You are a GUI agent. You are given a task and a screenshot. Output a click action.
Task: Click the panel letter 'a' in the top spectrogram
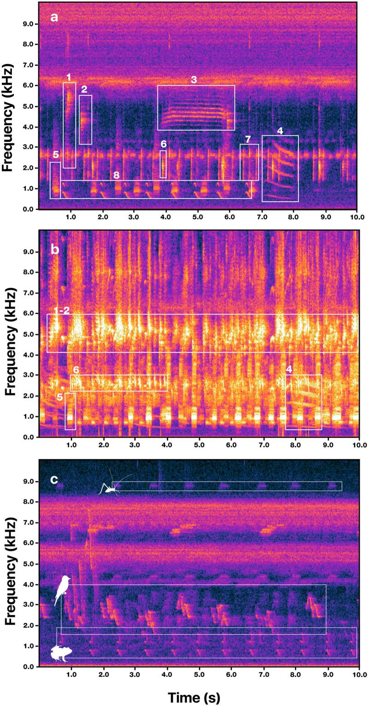pos(54,18)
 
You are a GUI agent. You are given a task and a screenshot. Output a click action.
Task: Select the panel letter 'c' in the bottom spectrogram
pos(54,479)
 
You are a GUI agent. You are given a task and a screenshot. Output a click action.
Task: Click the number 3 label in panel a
pos(194,80)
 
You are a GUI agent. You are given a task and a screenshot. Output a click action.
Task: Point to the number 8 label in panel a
pos(116,175)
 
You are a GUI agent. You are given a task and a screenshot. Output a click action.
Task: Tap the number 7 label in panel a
pos(248,139)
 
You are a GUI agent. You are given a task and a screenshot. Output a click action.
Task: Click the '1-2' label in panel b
pos(60,311)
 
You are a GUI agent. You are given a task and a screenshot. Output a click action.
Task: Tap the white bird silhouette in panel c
pos(63,589)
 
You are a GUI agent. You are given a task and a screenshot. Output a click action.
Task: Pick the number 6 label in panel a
pos(163,144)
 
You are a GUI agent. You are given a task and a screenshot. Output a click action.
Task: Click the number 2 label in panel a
pos(83,89)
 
